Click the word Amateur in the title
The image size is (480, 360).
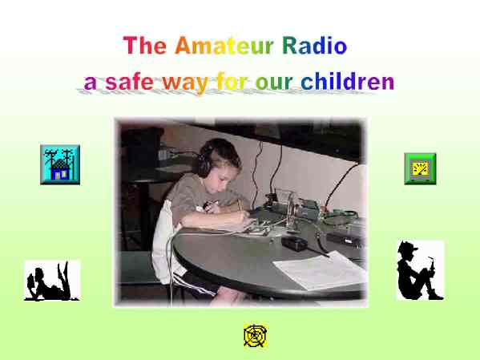click(224, 46)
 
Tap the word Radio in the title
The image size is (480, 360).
click(314, 46)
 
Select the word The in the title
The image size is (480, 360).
click(144, 46)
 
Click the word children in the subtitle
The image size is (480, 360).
click(348, 82)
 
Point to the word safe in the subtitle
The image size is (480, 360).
click(129, 82)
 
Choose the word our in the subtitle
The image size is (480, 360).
click(274, 83)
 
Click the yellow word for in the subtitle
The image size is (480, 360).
click(232, 82)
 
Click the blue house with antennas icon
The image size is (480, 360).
click(60, 165)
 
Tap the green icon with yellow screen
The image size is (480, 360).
click(420, 169)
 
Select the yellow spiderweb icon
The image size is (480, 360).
click(256, 335)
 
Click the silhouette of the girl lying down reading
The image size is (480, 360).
click(52, 281)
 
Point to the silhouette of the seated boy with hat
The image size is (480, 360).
click(421, 270)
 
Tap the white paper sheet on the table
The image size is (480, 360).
click(320, 270)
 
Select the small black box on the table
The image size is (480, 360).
click(294, 244)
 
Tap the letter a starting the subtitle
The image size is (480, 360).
click(90, 83)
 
